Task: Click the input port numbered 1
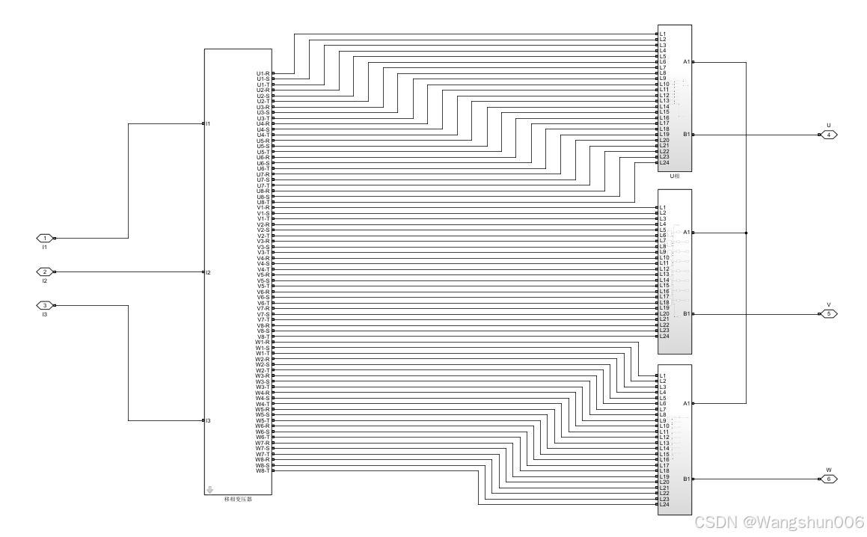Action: [x=44, y=238]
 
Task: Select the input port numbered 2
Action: [x=44, y=272]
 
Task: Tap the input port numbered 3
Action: [x=44, y=305]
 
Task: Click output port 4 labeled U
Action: [x=828, y=135]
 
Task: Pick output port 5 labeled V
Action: [x=828, y=314]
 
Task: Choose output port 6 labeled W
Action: [x=828, y=479]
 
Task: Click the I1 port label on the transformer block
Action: [x=209, y=123]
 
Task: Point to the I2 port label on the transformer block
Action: [x=209, y=272]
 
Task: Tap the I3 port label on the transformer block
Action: [x=209, y=421]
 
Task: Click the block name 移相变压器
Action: [x=238, y=500]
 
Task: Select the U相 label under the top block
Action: [x=675, y=177]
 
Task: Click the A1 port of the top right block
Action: [x=687, y=62]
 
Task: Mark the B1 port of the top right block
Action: [x=687, y=135]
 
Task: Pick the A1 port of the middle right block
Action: [x=687, y=233]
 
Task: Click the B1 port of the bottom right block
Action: [x=687, y=479]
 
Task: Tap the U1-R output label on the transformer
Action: [x=263, y=73]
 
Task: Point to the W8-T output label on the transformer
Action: [x=263, y=470]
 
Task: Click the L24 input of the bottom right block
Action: [x=664, y=505]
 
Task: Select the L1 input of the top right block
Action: [x=664, y=34]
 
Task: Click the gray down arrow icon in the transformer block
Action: [x=209, y=491]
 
